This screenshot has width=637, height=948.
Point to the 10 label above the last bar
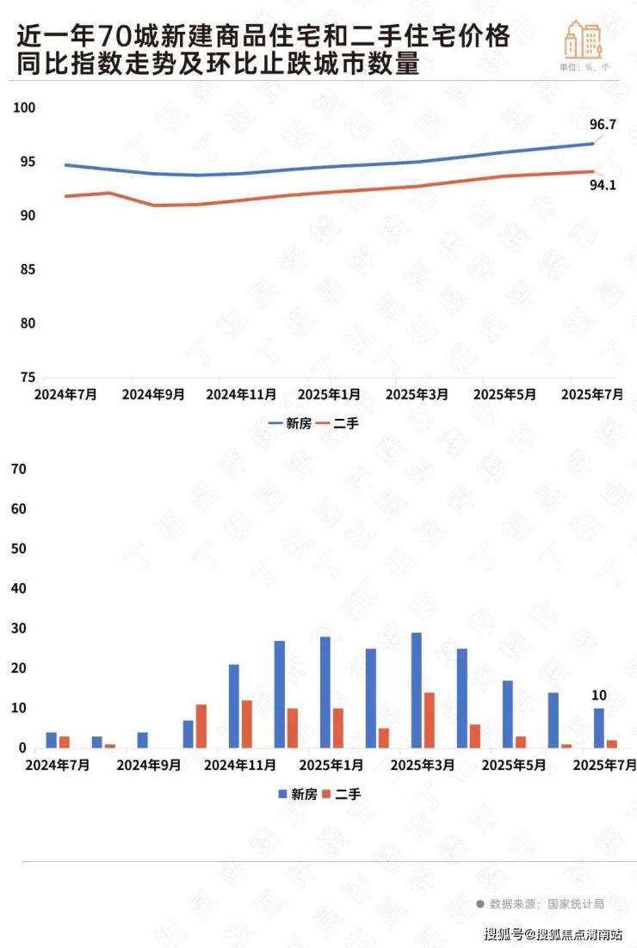click(x=600, y=696)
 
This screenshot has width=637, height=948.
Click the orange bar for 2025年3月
click(x=430, y=720)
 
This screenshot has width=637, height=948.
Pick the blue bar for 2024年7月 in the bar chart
click(x=52, y=741)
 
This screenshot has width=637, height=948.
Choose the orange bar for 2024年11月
click(x=247, y=724)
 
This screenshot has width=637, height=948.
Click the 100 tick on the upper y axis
click(x=23, y=108)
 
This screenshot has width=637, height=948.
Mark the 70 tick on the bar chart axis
click(x=19, y=470)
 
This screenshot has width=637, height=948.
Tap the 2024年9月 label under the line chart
click(x=153, y=394)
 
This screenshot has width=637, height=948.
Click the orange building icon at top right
click(x=583, y=40)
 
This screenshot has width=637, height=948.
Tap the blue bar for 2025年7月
click(x=599, y=729)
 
